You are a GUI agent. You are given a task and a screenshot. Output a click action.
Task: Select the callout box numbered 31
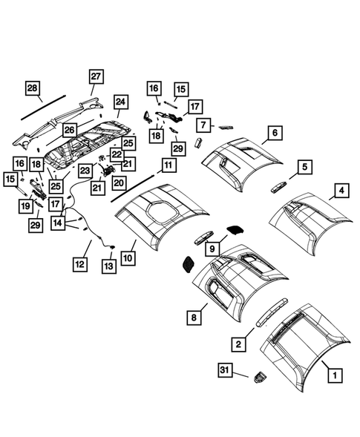pos(226,369)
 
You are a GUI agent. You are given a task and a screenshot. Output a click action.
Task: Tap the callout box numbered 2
pos(238,344)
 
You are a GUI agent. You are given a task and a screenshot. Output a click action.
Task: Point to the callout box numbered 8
pos(194,317)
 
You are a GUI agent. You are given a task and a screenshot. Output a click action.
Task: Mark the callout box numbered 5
pos(303,167)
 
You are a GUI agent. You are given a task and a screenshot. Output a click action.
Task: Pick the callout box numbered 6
pos(274,133)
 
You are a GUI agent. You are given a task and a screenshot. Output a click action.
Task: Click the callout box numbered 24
pos(121,102)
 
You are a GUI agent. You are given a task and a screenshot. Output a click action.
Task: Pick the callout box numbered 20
pos(119,182)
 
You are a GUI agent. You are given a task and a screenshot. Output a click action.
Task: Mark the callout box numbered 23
pos(85,170)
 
